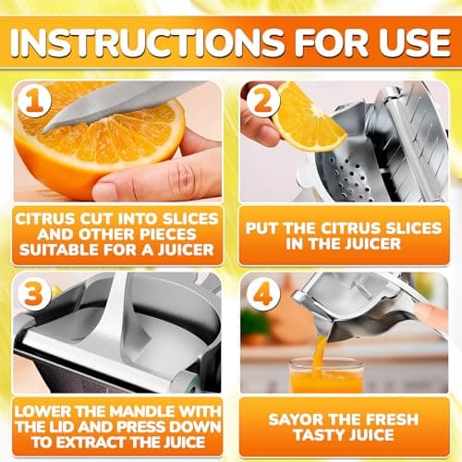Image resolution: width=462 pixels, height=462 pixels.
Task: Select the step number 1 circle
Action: (x=35, y=103)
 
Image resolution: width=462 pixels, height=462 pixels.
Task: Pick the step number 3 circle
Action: (x=35, y=293)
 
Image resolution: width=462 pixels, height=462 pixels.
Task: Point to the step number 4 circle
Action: (x=262, y=293)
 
